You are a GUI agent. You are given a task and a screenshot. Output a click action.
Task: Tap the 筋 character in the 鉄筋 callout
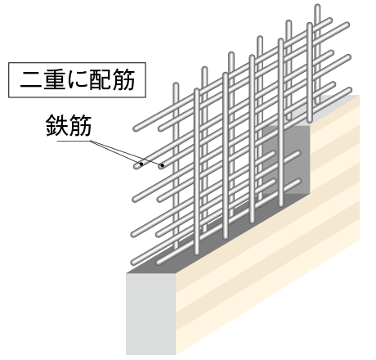coord(80,125)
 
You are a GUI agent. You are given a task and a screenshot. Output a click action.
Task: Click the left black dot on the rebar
coord(141,164)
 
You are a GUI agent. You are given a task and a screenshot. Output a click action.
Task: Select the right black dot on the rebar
coord(163,165)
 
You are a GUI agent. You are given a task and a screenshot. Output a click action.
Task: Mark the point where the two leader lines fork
coord(91,141)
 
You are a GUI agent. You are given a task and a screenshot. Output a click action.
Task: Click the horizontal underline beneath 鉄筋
coord(74,141)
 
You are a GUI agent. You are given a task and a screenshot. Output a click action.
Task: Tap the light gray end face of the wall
coord(151,313)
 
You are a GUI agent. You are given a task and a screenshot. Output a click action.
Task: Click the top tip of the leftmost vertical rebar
coord(176,84)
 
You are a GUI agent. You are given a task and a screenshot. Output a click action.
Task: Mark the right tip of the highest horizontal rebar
coord(330,20)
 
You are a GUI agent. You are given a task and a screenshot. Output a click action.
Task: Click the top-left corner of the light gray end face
coord(127,273)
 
